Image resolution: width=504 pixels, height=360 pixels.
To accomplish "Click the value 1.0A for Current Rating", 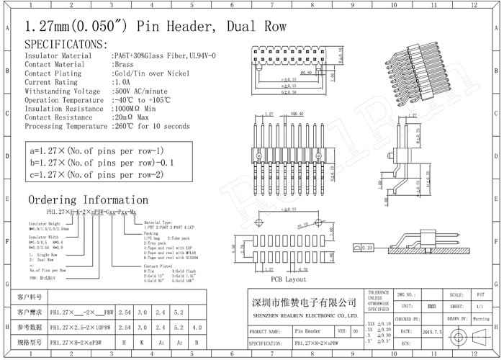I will [122, 82].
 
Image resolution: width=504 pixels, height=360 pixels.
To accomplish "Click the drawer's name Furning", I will [481, 318].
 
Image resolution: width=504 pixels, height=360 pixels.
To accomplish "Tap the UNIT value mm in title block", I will [431, 306].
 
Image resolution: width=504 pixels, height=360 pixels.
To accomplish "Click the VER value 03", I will [355, 330].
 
